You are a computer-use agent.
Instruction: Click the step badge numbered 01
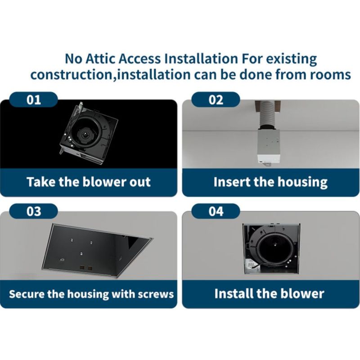point(33,99)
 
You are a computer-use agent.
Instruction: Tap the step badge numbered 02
point(216,99)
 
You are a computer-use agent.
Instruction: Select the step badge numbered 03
point(33,211)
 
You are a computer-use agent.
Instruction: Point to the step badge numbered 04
point(216,211)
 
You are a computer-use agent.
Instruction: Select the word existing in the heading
point(291,59)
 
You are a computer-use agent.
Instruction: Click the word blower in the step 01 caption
point(104,182)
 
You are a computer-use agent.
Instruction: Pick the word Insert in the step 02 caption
point(232,182)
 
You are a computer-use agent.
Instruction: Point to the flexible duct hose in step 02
point(267,114)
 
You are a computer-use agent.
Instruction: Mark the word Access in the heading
point(139,58)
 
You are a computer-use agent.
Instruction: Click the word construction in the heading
point(71,75)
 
